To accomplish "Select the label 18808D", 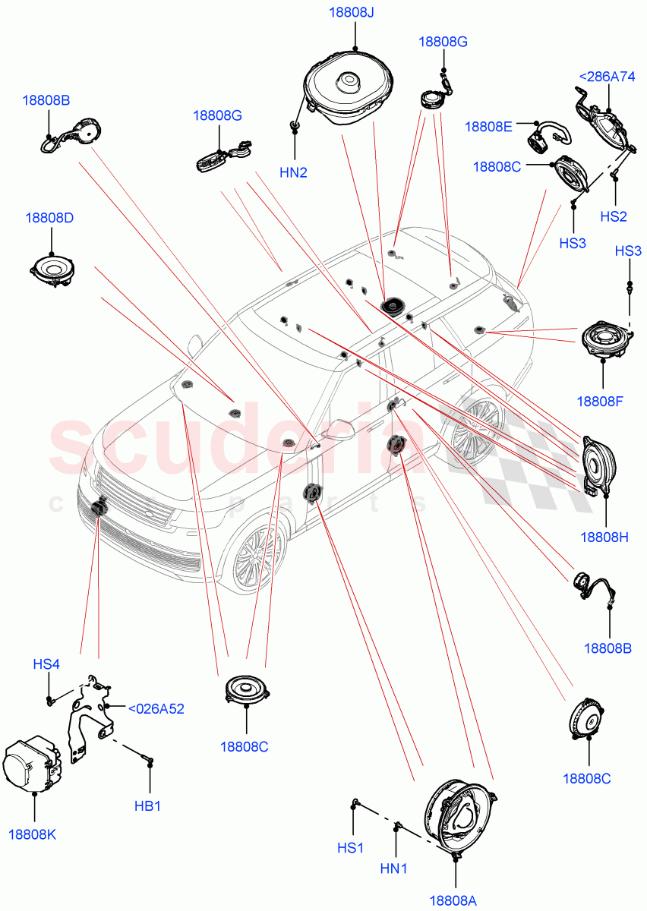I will point(49,218).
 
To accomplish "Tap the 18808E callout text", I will point(488,127).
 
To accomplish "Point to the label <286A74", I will point(608,76).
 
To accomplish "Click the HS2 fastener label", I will point(614,216).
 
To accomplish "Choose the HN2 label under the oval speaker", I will point(293,172).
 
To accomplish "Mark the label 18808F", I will point(599,401).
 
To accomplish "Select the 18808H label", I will point(604,537).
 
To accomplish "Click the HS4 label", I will point(46,664).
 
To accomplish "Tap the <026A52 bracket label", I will point(156,708).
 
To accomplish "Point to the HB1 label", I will point(148,805).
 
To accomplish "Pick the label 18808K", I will point(32,834).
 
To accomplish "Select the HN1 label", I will point(396,867).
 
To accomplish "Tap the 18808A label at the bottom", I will point(453,900).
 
